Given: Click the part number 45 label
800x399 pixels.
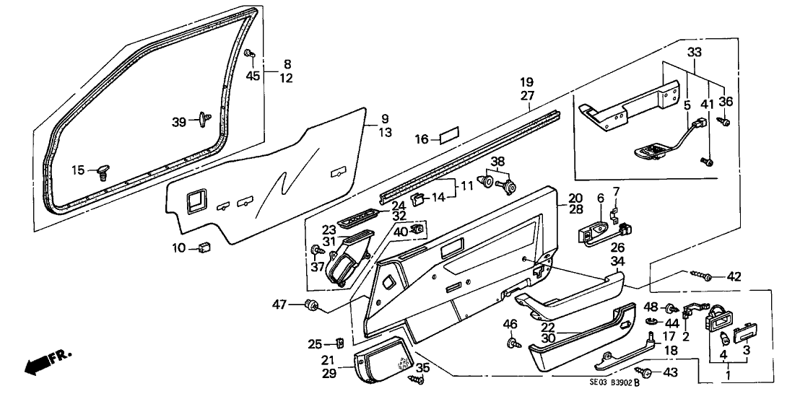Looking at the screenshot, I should coord(253,76).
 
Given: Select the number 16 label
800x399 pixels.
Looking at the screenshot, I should coord(422,139).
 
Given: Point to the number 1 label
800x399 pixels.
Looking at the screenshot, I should coord(729,377).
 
